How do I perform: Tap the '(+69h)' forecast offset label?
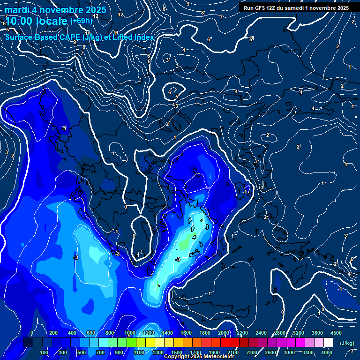click(81, 21)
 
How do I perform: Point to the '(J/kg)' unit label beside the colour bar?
click(346, 344)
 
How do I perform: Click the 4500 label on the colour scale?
click(335, 333)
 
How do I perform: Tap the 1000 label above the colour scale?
click(130, 333)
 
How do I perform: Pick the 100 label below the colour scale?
click(45, 352)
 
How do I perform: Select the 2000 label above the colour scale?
click(224, 333)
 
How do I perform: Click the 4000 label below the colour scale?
click(327, 352)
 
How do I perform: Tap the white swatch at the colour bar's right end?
click(328, 343)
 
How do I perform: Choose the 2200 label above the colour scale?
click(242, 333)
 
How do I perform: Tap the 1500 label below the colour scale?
click(177, 352)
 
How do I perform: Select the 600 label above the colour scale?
click(91, 333)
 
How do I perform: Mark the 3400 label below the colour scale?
click(308, 352)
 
